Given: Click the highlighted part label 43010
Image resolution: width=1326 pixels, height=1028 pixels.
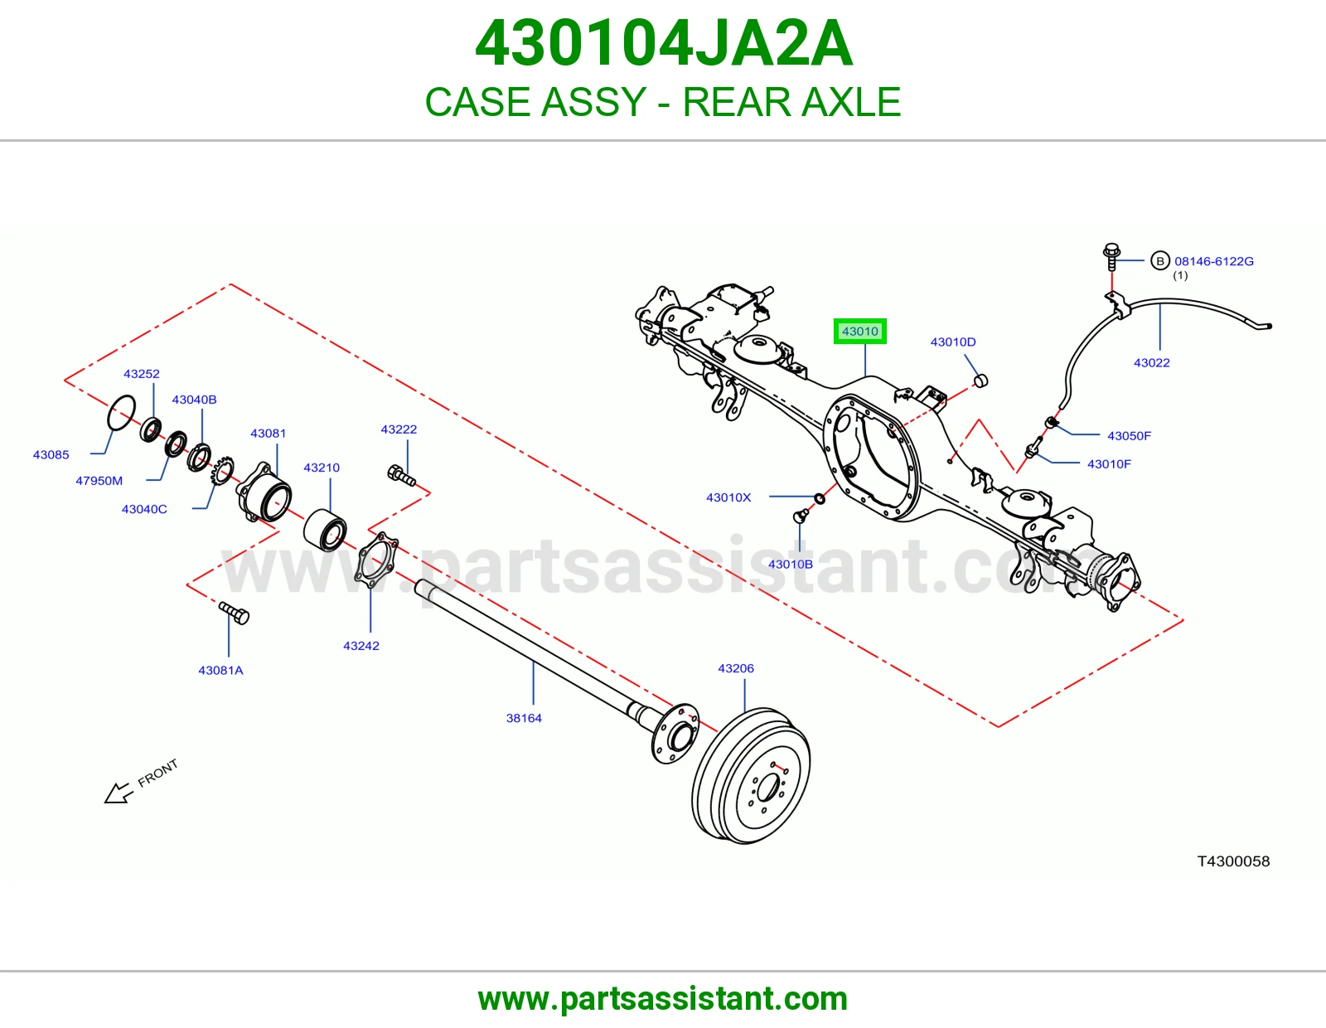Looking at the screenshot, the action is [x=859, y=332].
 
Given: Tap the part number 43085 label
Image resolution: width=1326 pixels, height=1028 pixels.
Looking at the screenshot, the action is [x=51, y=455].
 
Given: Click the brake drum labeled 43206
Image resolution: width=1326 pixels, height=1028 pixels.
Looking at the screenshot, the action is [x=751, y=776].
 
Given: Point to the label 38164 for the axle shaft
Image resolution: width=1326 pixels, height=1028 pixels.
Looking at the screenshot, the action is [x=524, y=718].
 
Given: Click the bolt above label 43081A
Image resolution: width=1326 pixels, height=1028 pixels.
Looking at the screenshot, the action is [x=234, y=613].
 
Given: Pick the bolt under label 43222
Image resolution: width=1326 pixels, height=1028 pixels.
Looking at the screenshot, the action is [x=402, y=476].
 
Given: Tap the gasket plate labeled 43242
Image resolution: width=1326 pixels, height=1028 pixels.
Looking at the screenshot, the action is [x=376, y=560].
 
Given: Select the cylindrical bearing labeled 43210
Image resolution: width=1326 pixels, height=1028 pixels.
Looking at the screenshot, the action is [x=325, y=530].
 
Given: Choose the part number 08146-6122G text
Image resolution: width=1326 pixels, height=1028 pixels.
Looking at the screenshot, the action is [x=1214, y=261].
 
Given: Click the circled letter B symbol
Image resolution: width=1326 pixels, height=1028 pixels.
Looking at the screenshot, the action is [x=1160, y=261].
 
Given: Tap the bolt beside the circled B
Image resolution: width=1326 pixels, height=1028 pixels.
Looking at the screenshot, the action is [x=1111, y=257].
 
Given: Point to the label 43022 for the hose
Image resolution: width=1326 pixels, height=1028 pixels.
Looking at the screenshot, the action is [x=1151, y=362].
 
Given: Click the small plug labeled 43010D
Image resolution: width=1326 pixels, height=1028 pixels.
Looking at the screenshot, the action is [x=980, y=381].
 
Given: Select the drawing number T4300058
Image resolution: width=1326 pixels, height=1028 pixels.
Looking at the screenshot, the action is [x=1233, y=861].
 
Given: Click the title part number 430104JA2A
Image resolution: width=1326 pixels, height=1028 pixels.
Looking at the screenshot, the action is [x=663, y=43].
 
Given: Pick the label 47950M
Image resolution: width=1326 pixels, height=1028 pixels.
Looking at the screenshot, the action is [x=99, y=481].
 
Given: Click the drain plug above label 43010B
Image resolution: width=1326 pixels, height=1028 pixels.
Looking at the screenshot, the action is [x=800, y=516].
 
